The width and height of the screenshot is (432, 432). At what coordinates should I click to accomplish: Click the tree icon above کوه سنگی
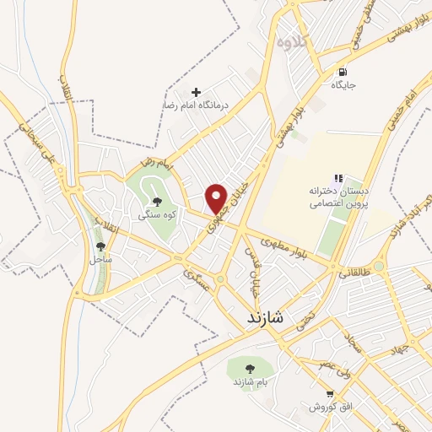tap(157, 201)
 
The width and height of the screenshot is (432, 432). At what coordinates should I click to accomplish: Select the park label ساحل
tap(101, 259)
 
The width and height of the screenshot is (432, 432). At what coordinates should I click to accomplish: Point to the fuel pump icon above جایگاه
tap(343, 71)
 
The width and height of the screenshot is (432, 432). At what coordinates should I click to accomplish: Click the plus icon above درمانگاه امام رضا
tap(197, 91)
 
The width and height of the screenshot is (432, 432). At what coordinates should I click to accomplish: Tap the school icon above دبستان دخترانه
tap(338, 178)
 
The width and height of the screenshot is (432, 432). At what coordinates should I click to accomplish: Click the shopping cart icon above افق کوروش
tap(331, 393)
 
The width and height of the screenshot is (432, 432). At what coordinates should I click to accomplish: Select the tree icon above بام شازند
tap(250, 368)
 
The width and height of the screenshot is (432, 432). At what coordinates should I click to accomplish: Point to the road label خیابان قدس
tap(251, 264)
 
